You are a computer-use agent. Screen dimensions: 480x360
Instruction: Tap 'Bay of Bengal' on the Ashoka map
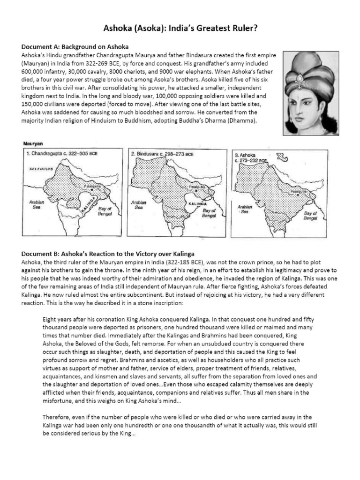click(x=310, y=215)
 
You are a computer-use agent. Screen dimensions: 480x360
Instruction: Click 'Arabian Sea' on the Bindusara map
click(x=139, y=205)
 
